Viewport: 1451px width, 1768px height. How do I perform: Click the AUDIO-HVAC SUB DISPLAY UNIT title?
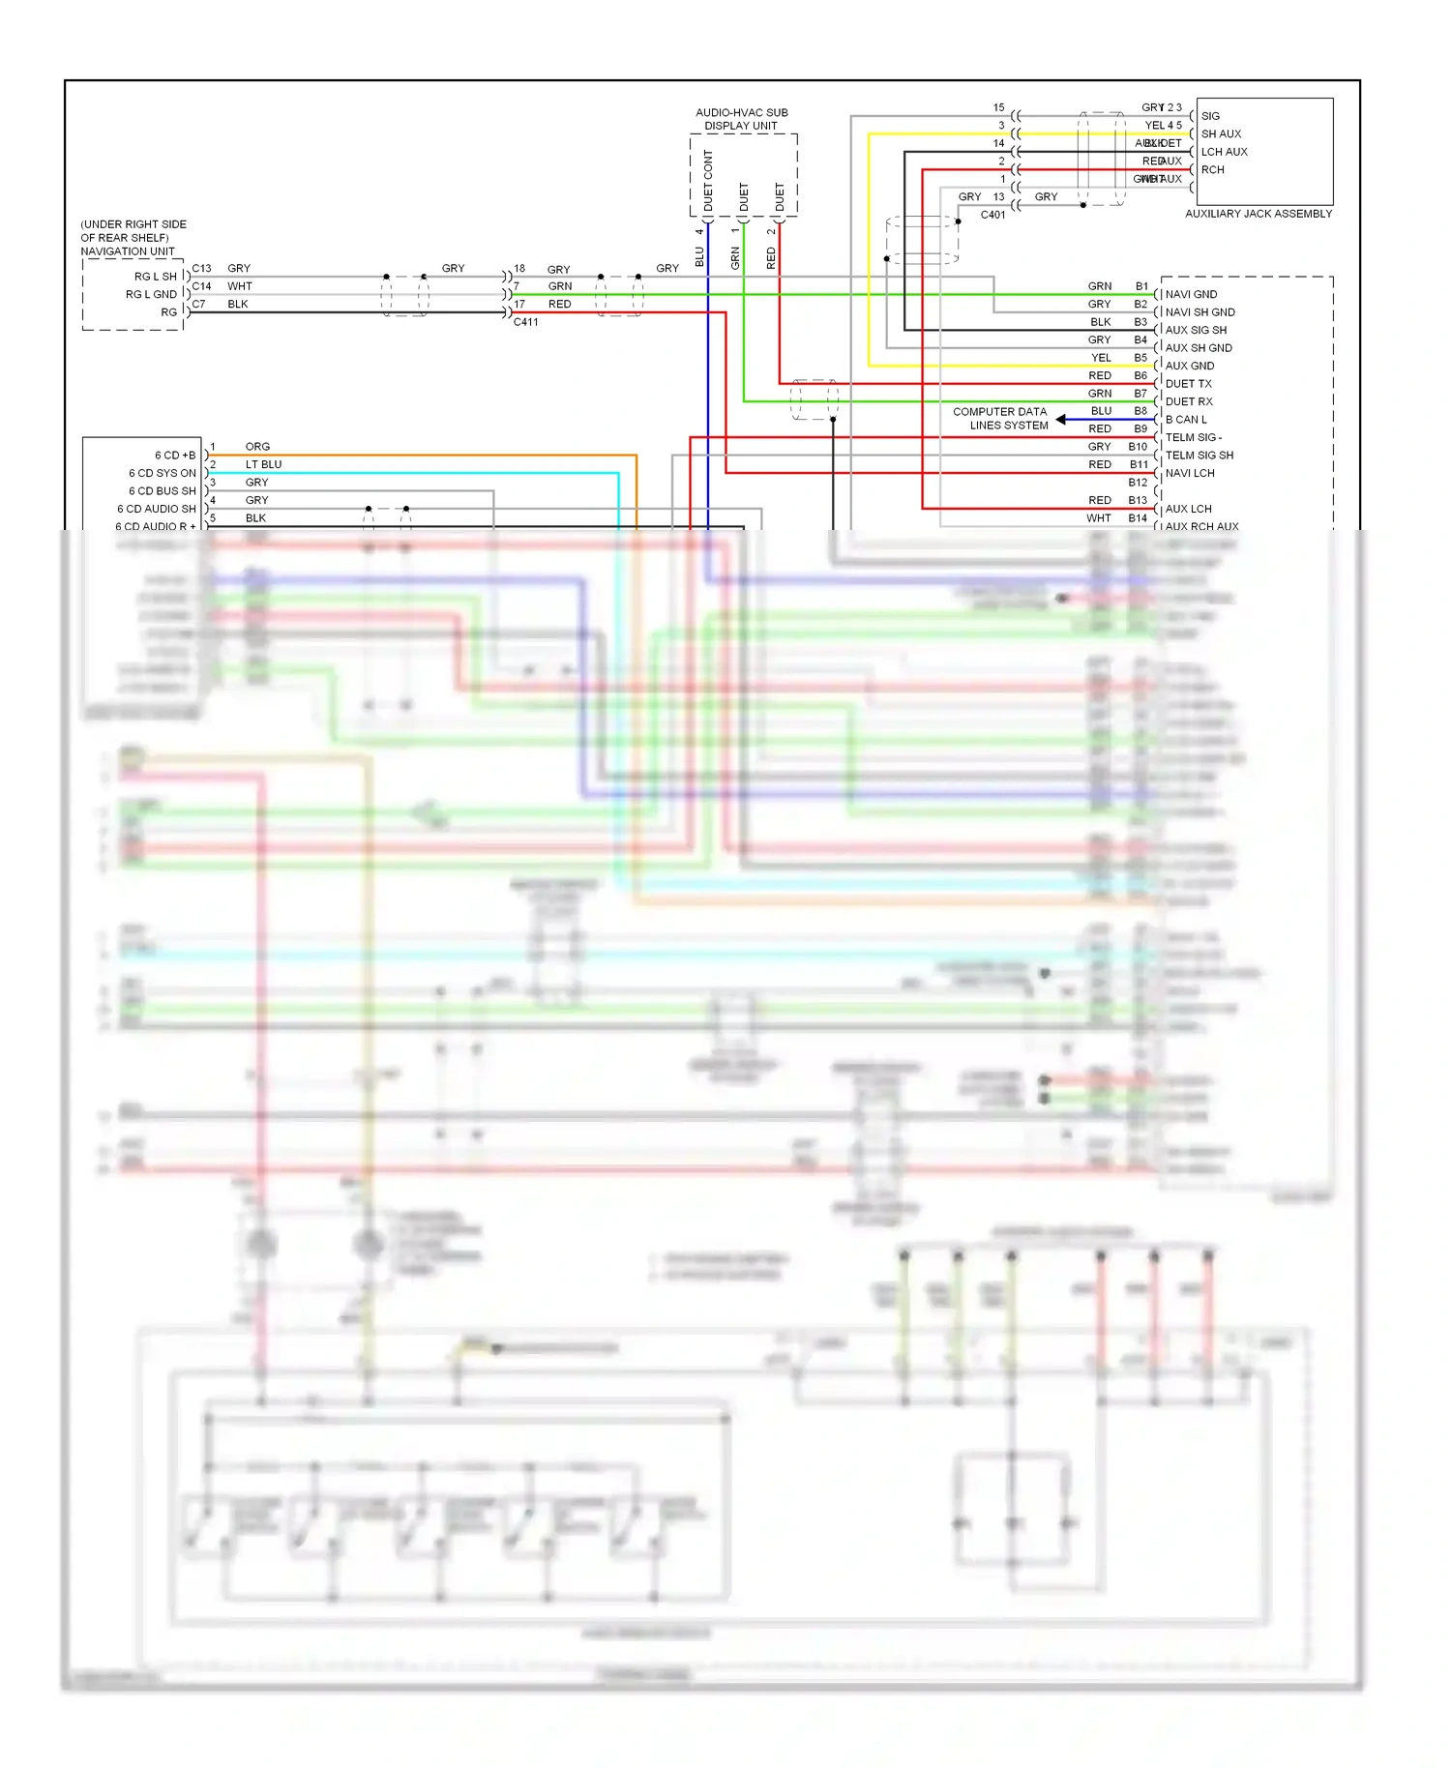(742, 119)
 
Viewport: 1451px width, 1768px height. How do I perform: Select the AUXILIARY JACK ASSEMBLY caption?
(1259, 214)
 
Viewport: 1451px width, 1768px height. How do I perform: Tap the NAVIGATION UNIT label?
(128, 251)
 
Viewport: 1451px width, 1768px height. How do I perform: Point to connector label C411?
(525, 322)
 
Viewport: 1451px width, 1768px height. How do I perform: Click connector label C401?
(992, 215)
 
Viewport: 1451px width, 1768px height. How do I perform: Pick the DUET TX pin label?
(1188, 384)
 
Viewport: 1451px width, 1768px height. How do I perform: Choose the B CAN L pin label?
(1186, 420)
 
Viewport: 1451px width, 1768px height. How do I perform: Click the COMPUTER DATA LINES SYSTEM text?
(1000, 419)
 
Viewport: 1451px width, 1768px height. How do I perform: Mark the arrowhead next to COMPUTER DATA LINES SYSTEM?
(1061, 420)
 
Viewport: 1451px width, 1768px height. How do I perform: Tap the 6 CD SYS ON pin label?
(163, 473)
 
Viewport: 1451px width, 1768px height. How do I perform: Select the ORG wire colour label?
(257, 447)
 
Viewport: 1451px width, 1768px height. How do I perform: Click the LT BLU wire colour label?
(263, 464)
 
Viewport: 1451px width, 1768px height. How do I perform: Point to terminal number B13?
(1138, 500)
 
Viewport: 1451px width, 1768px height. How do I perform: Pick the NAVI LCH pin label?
(1190, 473)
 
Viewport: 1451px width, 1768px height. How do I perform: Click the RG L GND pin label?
(151, 294)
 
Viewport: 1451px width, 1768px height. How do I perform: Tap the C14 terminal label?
(201, 286)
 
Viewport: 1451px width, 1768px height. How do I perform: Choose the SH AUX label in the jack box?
(1221, 134)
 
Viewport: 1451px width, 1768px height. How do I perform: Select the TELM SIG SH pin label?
(1199, 456)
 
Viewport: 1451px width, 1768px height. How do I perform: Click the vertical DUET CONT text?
(708, 181)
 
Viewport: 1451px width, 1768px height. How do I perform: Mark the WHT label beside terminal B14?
(1099, 518)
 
